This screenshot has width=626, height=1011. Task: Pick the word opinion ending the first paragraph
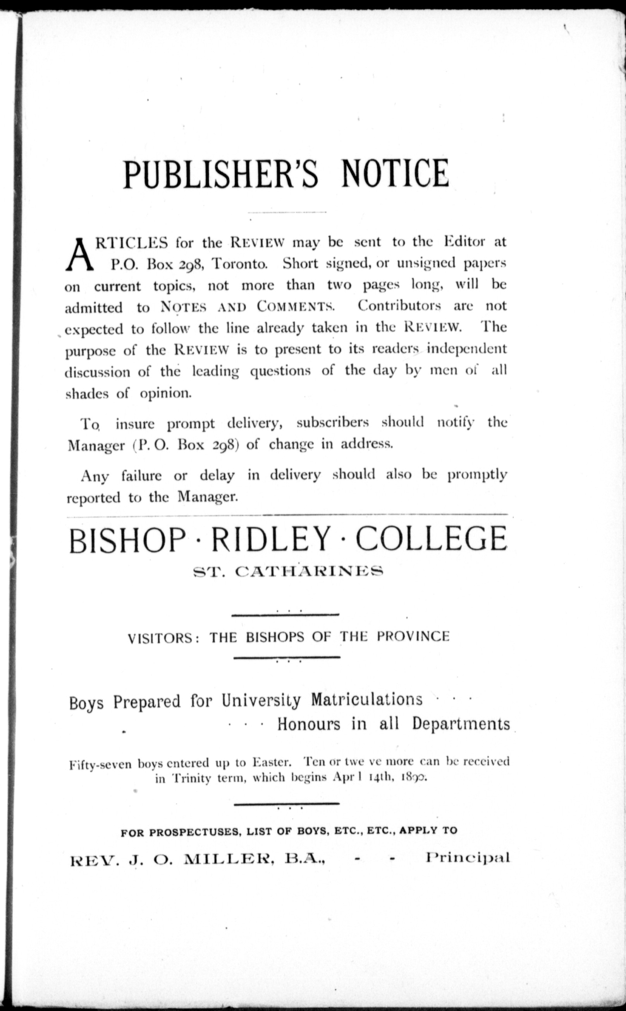tap(166, 393)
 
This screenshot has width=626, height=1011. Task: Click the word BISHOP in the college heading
tap(127, 539)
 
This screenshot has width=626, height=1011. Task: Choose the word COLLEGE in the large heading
tap(431, 539)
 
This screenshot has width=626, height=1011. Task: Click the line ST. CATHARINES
tap(288, 572)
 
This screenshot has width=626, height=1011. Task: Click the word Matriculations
tap(366, 699)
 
